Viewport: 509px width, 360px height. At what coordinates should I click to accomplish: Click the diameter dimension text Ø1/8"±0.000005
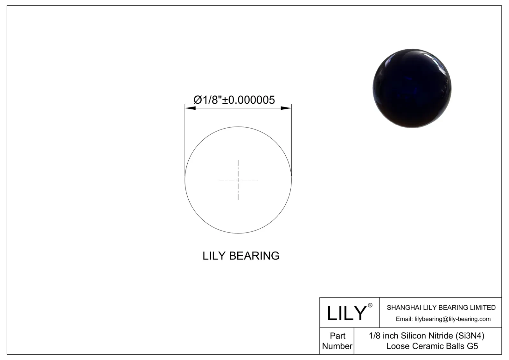pos(234,100)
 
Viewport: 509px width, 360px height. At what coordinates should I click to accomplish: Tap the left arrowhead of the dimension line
pos(190,108)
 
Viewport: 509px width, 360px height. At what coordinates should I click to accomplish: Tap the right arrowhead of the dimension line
pos(286,108)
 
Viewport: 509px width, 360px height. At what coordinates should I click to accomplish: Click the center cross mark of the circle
pos(238,180)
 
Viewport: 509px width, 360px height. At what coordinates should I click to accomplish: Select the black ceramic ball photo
pos(412,88)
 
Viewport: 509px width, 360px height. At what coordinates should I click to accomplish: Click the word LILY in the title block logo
pos(347,313)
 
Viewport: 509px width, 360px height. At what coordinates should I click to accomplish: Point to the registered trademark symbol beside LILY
pos(370,305)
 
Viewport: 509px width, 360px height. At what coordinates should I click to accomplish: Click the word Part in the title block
pos(337,336)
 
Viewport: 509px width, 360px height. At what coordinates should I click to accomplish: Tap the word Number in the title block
pos(337,346)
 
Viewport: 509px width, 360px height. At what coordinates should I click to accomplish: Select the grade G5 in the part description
pos(472,346)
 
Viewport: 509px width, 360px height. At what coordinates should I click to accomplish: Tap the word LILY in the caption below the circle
pos(214,256)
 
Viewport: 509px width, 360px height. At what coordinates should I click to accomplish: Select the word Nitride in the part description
pos(441,336)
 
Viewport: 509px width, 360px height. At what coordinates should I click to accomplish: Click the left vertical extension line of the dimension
pos(185,140)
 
